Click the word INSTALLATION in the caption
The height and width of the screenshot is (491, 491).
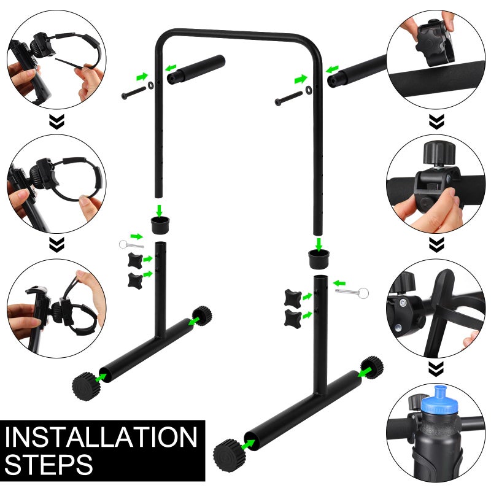[101, 437]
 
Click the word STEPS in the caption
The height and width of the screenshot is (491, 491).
[49, 465]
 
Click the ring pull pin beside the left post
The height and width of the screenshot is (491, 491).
[131, 244]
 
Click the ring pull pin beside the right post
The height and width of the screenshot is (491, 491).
[352, 293]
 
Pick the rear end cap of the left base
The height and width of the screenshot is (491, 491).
[202, 315]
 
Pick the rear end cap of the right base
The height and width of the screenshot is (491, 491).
[372, 367]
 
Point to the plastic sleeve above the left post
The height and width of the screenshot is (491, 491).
[160, 225]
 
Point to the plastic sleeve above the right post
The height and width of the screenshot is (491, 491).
[318, 258]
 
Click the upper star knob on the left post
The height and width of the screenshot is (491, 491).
[135, 260]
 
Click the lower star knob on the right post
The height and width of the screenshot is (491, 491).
[293, 318]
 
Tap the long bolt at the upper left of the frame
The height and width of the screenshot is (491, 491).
[134, 93]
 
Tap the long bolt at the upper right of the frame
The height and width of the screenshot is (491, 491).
[288, 98]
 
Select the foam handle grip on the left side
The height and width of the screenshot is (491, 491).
[196, 69]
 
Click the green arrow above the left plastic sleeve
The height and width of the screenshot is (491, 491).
[160, 210]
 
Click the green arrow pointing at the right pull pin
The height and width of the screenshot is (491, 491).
[339, 284]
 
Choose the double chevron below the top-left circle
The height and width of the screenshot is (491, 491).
[56, 122]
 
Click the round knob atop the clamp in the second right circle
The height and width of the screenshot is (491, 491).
[439, 152]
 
